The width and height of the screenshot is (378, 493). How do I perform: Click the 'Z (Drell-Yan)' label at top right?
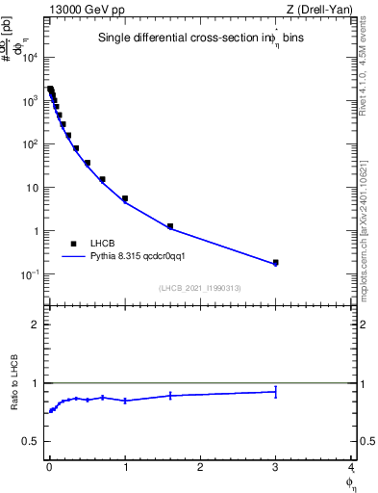click(318, 9)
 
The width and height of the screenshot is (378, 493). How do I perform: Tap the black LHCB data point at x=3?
click(275, 262)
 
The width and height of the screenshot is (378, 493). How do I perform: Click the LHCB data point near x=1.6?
click(170, 226)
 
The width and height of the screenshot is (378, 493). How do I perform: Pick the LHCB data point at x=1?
click(125, 198)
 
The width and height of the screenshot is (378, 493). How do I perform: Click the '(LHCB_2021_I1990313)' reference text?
click(199, 289)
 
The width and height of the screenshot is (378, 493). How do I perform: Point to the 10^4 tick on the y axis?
click(31, 58)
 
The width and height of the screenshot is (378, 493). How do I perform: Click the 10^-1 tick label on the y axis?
click(30, 275)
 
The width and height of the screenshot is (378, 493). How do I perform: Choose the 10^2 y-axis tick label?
click(31, 144)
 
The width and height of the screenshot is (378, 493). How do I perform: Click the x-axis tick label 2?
click(200, 469)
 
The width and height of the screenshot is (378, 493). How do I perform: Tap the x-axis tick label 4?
click(350, 469)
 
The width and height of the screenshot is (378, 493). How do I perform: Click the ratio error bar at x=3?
click(275, 391)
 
